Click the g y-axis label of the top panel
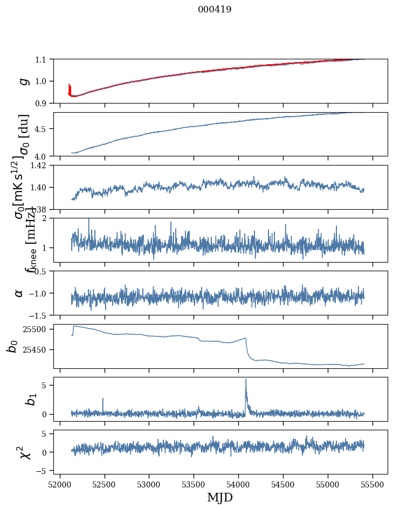tap(23, 81)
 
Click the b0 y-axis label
tap(12, 346)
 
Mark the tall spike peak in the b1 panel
tap(246, 379)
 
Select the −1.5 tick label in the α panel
tap(40, 315)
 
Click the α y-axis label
tap(19, 293)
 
